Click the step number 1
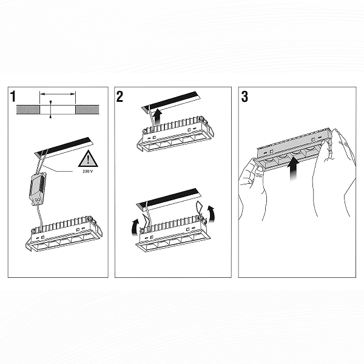point(13,96)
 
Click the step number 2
point(120,96)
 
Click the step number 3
point(244,96)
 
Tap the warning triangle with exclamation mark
point(88,158)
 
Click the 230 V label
point(87,172)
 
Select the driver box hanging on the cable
point(38,188)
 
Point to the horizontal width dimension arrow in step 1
point(58,94)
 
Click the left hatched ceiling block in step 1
point(28,110)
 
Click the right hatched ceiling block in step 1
point(87,110)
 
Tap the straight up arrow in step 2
point(158,116)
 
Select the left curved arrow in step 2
point(135,227)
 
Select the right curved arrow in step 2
point(212,214)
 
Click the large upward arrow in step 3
point(294,169)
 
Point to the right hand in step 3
point(334,172)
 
